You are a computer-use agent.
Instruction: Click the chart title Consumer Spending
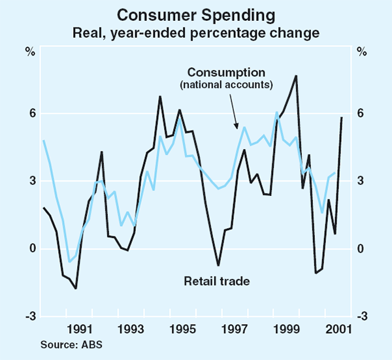click(196, 14)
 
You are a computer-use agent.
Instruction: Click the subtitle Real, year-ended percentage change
click(196, 31)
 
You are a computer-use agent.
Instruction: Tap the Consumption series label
click(226, 71)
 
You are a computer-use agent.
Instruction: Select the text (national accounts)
click(226, 84)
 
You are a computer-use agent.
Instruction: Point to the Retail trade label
click(217, 281)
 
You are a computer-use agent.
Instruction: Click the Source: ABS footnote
click(67, 343)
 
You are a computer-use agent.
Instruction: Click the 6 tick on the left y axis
click(29, 114)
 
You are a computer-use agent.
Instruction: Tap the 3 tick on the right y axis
click(360, 181)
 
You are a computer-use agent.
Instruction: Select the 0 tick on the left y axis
click(29, 249)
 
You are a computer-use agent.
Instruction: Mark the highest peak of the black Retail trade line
click(297, 76)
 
